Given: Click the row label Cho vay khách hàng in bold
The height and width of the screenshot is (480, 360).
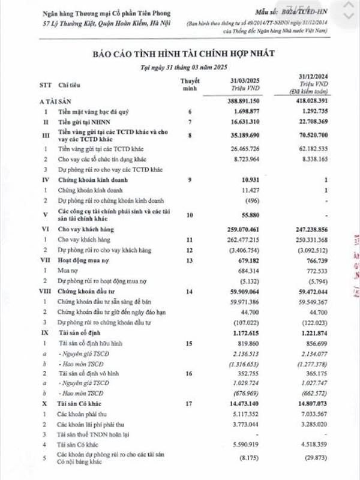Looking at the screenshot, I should coord(88,229).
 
